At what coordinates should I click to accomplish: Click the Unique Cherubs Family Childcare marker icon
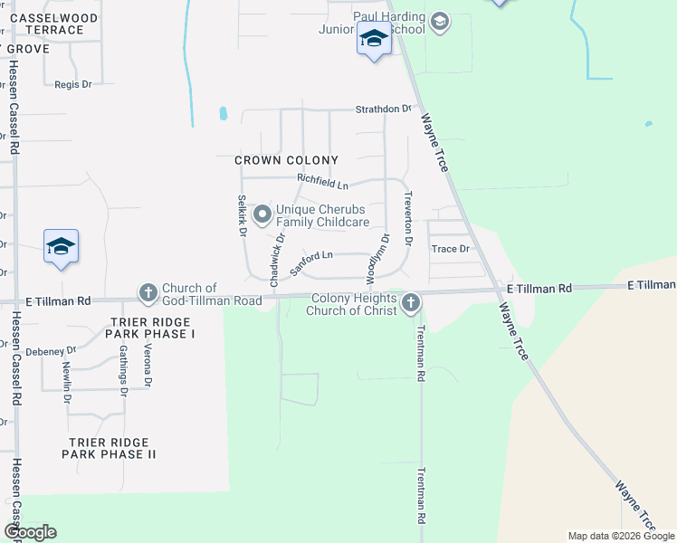[x=263, y=214]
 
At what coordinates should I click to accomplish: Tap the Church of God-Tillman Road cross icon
[x=148, y=292]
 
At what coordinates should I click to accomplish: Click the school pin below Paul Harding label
[x=374, y=40]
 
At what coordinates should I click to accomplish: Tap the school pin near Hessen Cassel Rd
[x=61, y=246]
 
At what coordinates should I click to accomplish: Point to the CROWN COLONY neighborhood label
[x=286, y=160]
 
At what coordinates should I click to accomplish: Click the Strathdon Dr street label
[x=382, y=109]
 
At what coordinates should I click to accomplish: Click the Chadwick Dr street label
[x=275, y=256]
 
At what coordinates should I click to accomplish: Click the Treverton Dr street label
[x=408, y=224]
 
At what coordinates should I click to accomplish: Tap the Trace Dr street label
[x=451, y=248]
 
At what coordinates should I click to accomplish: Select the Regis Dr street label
[x=73, y=84]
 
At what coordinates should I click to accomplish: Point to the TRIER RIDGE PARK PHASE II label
[x=109, y=448]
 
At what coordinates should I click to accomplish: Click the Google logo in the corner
[x=29, y=532]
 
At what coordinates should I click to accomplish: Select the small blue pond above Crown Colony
[x=224, y=114]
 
